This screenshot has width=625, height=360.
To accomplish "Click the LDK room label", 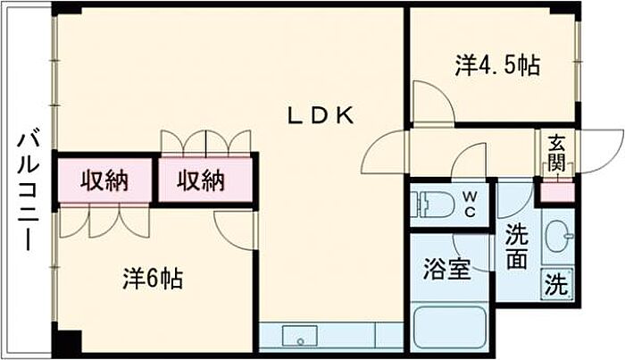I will (321, 115).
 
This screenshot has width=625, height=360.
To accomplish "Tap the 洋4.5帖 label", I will (498, 65).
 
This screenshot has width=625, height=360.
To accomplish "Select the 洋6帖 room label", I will (153, 279).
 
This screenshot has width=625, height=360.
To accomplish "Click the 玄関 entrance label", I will (556, 153).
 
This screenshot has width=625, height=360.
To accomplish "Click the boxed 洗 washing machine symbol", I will (555, 286).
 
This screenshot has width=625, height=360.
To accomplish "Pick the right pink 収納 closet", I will (200, 180).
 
